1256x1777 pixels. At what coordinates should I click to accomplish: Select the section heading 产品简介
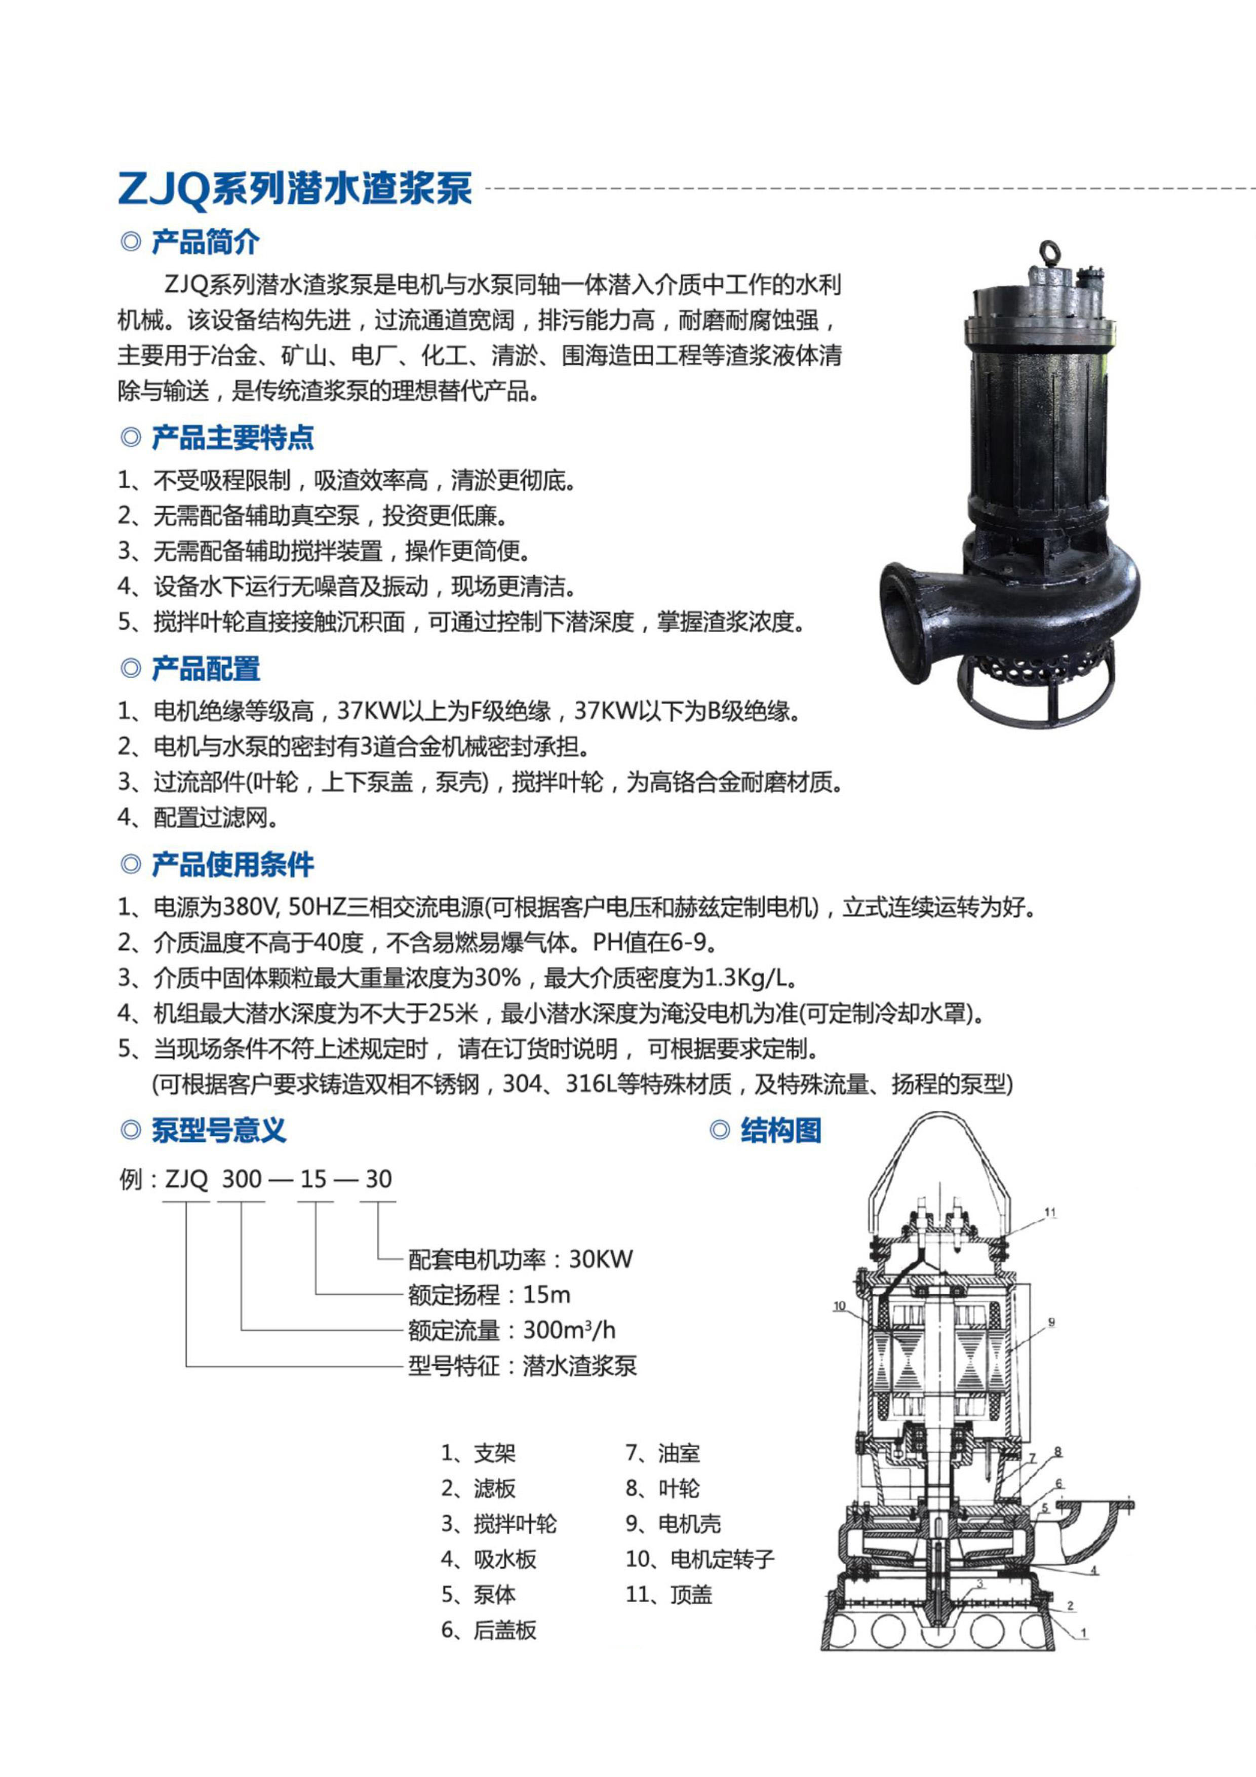(x=205, y=242)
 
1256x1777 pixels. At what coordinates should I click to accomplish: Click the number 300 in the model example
(x=242, y=1179)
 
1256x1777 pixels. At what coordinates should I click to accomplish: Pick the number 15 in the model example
(x=313, y=1179)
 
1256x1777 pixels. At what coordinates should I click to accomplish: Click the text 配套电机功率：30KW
(x=520, y=1259)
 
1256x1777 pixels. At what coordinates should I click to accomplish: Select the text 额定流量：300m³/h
(x=512, y=1330)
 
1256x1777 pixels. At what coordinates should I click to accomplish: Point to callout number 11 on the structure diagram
(x=1050, y=1213)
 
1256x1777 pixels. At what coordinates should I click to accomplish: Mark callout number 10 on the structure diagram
(x=840, y=1306)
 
